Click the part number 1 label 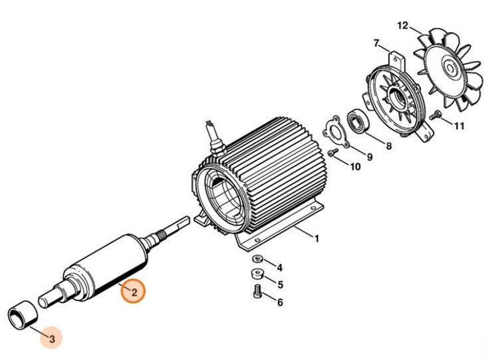[316, 238]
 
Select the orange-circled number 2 [134, 292]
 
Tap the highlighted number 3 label [52, 339]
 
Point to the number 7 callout [376, 43]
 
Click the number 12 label [403, 25]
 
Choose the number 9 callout [369, 157]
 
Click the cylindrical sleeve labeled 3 [23, 315]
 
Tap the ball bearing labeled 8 [358, 121]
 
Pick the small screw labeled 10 [332, 153]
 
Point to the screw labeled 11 [435, 114]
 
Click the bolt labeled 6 [257, 291]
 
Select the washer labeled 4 [257, 259]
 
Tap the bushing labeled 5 [257, 274]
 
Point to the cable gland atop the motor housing [215, 141]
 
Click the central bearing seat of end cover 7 [397, 95]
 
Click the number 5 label [280, 284]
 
